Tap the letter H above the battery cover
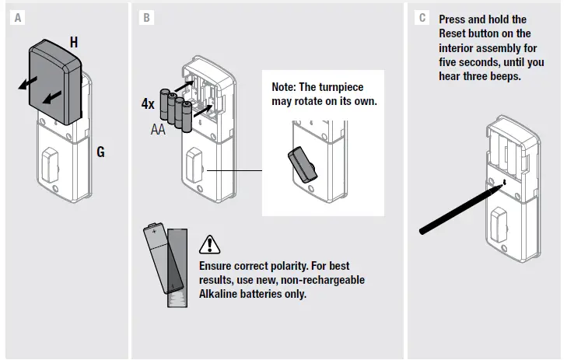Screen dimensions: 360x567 click(74, 43)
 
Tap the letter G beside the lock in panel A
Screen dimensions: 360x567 click(100, 152)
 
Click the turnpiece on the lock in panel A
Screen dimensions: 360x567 click(49, 163)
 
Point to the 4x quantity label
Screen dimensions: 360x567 click(148, 104)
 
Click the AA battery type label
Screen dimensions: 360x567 click(159, 129)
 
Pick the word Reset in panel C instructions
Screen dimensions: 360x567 click(454, 33)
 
